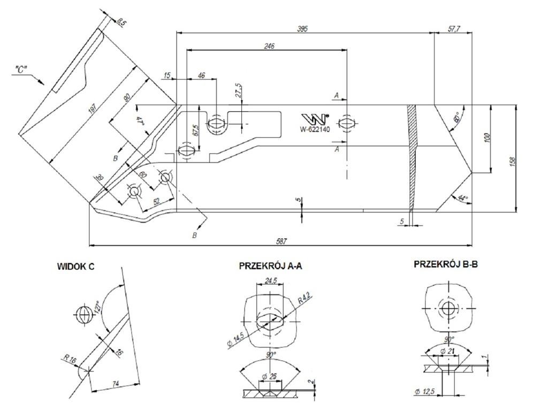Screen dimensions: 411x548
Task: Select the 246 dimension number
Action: click(x=269, y=47)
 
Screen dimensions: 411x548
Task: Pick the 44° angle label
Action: click(x=462, y=199)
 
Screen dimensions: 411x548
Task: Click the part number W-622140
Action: click(x=315, y=128)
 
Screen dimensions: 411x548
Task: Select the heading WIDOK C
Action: click(x=75, y=267)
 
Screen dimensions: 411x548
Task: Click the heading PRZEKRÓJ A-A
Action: click(x=270, y=266)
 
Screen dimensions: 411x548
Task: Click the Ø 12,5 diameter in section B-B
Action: click(x=424, y=392)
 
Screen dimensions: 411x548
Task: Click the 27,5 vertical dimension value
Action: click(x=239, y=90)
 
